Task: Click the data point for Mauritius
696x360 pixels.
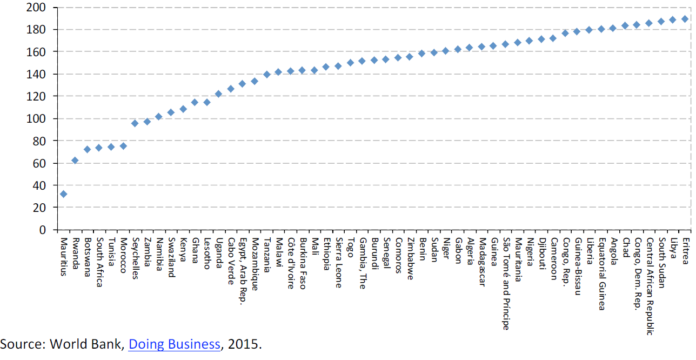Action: [x=63, y=194]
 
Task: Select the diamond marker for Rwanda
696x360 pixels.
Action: [x=75, y=161]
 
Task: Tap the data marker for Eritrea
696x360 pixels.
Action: [x=685, y=19]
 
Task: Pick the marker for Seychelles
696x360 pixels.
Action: [x=135, y=123]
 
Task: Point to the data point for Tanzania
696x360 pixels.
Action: [x=266, y=75]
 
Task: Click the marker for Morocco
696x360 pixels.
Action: [x=123, y=146]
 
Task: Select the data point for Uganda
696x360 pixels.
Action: [x=219, y=94]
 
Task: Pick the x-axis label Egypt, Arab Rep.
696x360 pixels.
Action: [x=243, y=264]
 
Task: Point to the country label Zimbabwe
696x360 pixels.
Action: [x=410, y=258]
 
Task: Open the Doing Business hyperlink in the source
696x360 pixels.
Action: [x=174, y=344]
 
